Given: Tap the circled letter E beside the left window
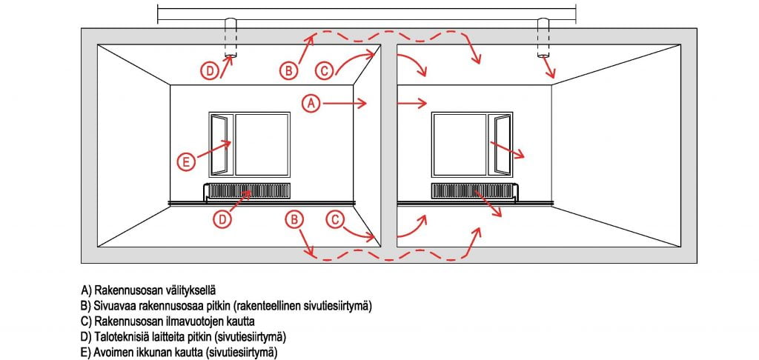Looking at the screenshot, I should (188, 160).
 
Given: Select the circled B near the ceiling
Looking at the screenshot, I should (288, 70).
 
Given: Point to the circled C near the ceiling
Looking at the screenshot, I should (324, 70).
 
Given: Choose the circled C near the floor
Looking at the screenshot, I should (335, 219).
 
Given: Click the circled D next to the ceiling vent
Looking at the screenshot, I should (211, 70).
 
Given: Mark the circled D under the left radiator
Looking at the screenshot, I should (223, 219).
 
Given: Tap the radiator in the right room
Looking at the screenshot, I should (471, 191).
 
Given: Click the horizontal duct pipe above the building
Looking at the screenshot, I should (367, 13).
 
